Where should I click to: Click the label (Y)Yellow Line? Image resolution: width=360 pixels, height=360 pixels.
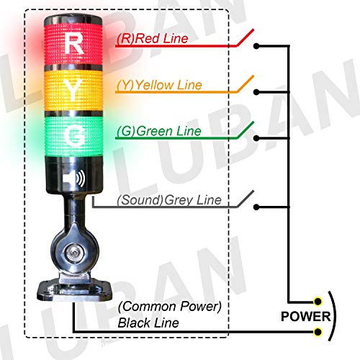158,85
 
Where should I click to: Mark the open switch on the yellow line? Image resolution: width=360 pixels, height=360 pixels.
246,84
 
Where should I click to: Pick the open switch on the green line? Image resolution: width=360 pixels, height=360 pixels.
246,131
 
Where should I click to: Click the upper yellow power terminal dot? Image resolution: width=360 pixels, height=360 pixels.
318,301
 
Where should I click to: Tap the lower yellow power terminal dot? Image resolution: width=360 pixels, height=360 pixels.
318,332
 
